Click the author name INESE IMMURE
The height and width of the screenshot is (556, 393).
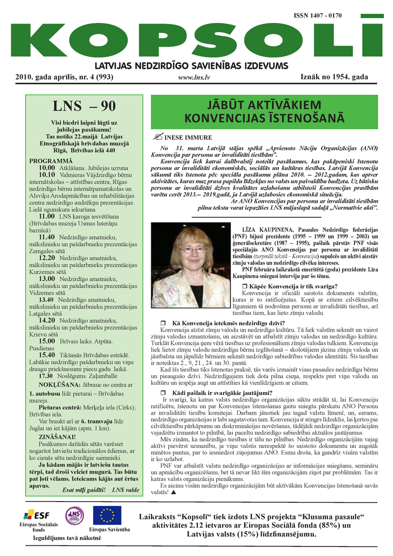click(x=181, y=138)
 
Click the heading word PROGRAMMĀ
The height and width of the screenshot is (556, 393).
click(x=50, y=160)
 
